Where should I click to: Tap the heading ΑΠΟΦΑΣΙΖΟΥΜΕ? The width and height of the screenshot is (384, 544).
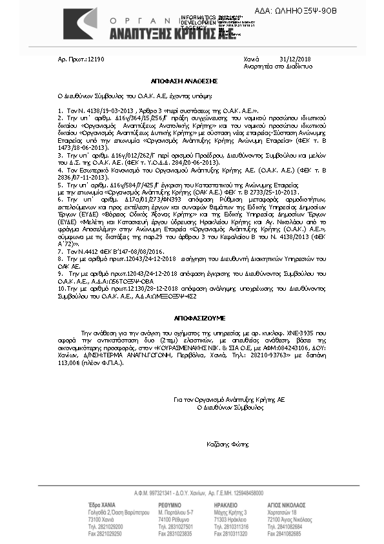[192, 319]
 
